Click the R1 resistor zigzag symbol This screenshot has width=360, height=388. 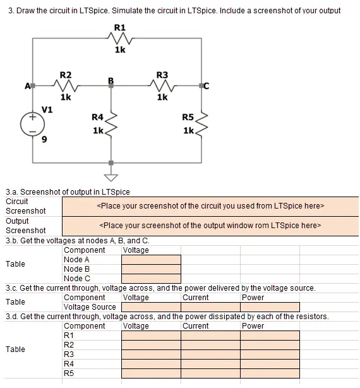tap(120, 39)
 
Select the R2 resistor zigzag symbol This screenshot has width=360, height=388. tap(66, 85)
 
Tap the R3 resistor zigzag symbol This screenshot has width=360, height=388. tap(162, 85)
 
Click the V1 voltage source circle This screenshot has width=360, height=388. tap(32, 124)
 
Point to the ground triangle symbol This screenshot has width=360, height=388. tap(111, 178)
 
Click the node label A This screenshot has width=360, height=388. tap(27, 86)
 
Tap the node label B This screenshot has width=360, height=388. tap(111, 80)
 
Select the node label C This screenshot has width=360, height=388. tap(207, 86)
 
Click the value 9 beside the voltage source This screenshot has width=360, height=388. tap(44, 140)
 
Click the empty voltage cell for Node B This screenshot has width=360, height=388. tap(152, 269)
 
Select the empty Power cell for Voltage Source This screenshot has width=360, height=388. tap(270, 307)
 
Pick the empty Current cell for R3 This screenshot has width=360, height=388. tap(211, 355)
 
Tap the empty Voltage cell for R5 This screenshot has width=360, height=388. tap(152, 373)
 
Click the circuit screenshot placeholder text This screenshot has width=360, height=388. tap(210, 206)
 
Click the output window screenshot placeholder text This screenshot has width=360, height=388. tap(210, 226)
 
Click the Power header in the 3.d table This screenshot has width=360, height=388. tap(253, 326)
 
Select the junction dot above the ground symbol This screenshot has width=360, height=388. tap(111, 163)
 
